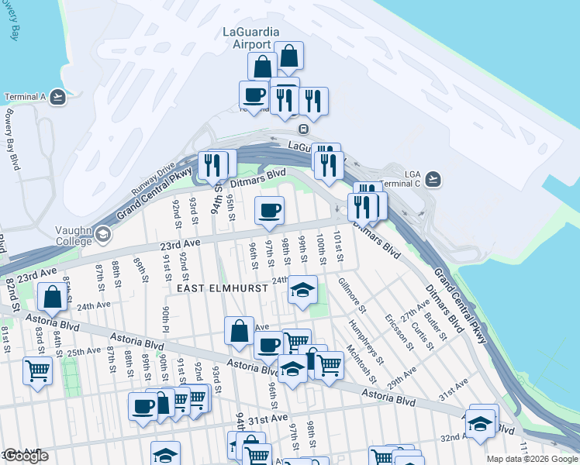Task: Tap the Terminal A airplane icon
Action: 57,98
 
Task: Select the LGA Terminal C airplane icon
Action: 433,179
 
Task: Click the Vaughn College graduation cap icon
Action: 102,234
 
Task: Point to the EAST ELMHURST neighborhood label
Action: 222,288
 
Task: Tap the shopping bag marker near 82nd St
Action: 52,298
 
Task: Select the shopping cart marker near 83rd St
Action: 37,371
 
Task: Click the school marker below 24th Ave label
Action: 302,291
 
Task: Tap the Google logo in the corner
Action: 26,456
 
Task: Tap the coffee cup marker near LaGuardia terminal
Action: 254,95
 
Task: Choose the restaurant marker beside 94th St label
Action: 209,165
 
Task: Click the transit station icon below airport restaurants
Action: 305,129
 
